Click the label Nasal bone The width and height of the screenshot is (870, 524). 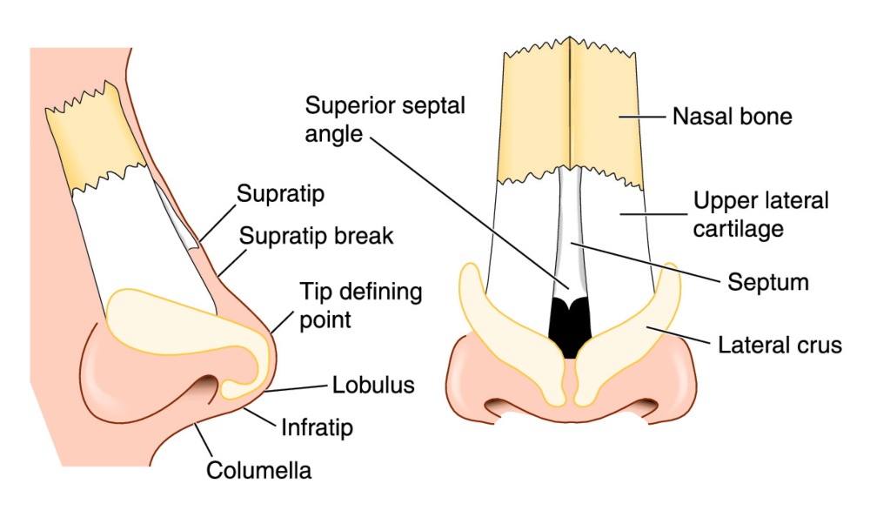(x=732, y=116)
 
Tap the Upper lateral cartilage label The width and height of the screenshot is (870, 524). (x=760, y=214)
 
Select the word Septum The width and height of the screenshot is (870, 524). (x=768, y=282)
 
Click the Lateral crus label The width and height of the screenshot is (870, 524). (x=780, y=346)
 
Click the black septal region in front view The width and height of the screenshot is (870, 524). (x=571, y=326)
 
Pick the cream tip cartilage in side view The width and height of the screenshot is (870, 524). (x=174, y=322)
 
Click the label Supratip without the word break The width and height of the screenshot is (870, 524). (x=281, y=194)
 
